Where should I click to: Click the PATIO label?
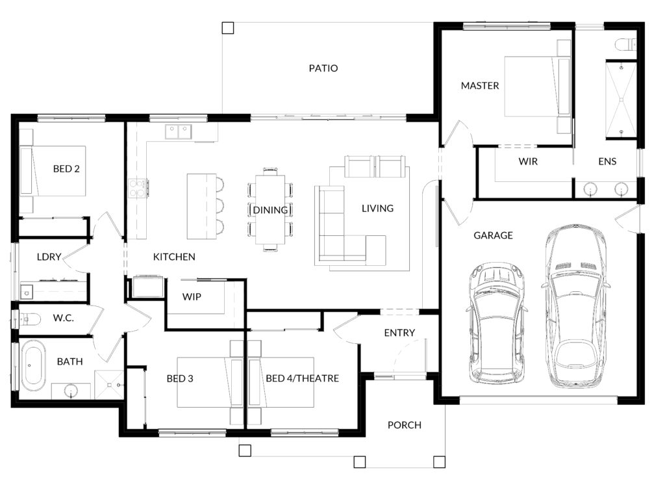(x=323, y=68)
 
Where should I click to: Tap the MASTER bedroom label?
(x=480, y=86)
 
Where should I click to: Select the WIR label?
(x=528, y=162)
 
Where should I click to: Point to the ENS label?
(x=607, y=162)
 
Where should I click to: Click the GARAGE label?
(x=494, y=235)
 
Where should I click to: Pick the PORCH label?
(x=405, y=425)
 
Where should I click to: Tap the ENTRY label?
(x=399, y=333)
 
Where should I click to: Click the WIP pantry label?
(x=192, y=297)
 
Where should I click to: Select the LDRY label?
(x=49, y=257)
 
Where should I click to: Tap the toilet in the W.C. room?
(x=30, y=319)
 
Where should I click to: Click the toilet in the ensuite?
(x=625, y=44)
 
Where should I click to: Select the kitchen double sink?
(x=178, y=131)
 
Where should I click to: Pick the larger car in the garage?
(x=575, y=306)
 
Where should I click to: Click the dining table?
(x=270, y=210)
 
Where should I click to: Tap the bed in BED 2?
(x=53, y=171)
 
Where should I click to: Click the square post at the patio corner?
(x=228, y=27)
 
